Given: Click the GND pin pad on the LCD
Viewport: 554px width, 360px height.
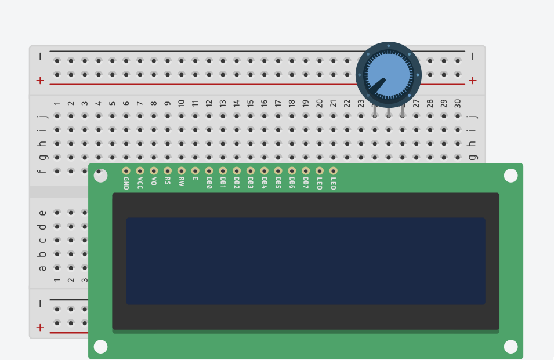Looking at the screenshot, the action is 126,171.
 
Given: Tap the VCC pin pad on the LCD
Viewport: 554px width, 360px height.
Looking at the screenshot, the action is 140,171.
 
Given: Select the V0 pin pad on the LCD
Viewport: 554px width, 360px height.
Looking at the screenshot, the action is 154,171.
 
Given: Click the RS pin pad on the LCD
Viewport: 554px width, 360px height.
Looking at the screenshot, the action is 168,171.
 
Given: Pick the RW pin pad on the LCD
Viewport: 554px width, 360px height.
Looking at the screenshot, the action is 181,171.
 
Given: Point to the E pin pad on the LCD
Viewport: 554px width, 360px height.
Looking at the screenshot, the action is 195,171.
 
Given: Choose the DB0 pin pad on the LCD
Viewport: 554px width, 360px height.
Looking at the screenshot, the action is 209,171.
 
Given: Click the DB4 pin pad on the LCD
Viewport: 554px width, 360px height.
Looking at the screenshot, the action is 265,171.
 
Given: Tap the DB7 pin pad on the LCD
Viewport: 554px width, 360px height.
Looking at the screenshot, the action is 306,171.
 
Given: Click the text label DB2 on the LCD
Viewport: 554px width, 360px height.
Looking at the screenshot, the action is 237,183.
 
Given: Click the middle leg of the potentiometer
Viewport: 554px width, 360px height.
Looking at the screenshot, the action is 389,112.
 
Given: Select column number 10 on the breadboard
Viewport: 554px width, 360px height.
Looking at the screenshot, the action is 181,103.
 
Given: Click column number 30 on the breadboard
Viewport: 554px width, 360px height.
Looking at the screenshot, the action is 458,103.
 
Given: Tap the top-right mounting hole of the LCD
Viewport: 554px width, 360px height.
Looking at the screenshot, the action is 510,176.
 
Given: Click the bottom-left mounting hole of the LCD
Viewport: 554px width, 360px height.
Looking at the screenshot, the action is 100,347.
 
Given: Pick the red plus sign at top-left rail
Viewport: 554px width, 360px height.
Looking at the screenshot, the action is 40,81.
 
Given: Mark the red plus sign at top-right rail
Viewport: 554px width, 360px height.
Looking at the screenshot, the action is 473,81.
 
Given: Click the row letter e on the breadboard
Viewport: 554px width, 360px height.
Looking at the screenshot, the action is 42,213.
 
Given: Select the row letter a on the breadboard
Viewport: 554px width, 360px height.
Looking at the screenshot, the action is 42,268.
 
